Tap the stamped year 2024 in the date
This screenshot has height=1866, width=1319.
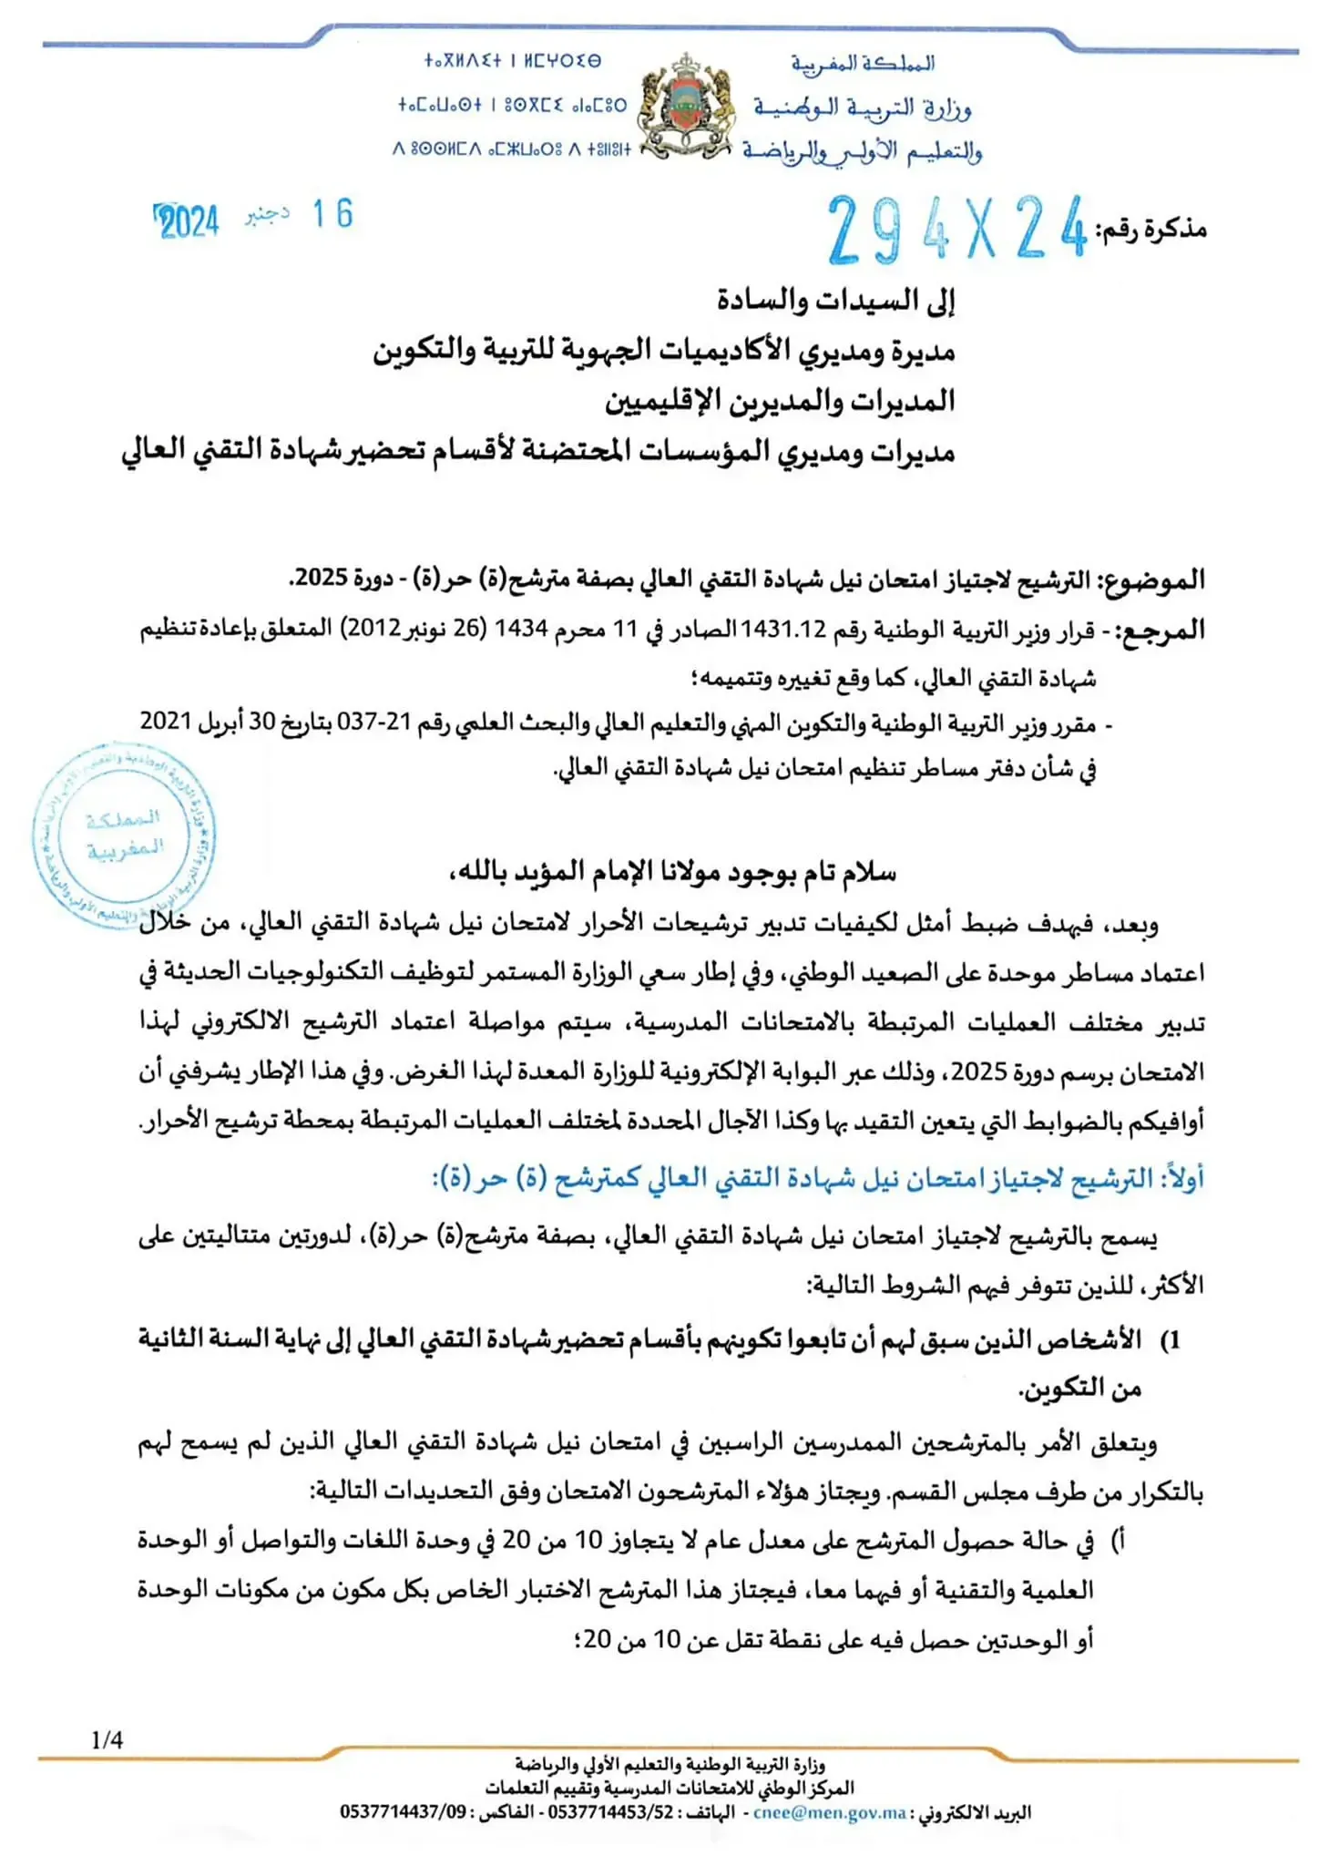(x=188, y=221)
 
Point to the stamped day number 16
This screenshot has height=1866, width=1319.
(x=332, y=215)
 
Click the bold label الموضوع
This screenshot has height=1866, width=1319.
(x=1152, y=579)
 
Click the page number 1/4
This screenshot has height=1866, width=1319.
(x=107, y=1740)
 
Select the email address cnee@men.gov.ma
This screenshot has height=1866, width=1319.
(x=829, y=1812)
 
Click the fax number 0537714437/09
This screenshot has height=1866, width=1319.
(x=403, y=1812)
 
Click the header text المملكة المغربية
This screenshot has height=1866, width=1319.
(x=862, y=64)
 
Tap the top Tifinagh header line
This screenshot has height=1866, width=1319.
(x=512, y=61)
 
